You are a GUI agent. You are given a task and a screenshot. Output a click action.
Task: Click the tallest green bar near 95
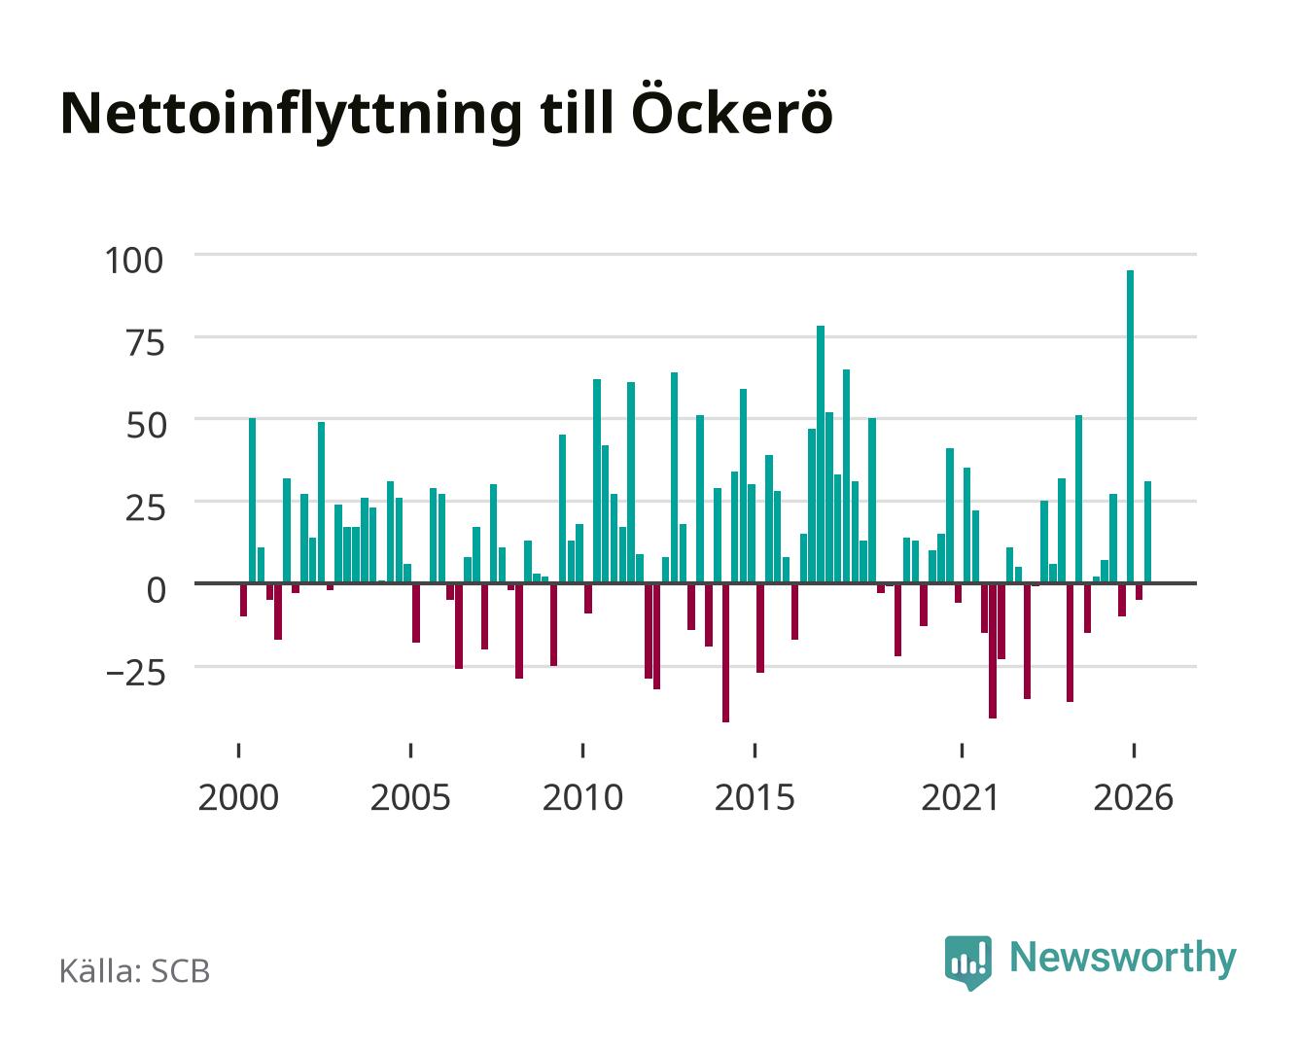[1130, 427]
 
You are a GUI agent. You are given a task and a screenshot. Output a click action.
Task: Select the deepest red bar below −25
[725, 653]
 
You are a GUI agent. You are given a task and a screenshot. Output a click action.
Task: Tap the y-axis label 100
[134, 261]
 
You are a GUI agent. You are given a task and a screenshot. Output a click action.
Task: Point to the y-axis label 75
[145, 343]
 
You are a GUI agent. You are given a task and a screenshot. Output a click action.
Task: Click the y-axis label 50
[145, 426]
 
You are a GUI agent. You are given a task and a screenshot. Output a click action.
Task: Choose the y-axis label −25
[135, 673]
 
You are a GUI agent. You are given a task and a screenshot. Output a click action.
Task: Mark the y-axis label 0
[157, 590]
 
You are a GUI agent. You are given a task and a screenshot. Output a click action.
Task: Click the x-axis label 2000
[238, 798]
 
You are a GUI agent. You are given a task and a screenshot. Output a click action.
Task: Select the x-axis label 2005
[410, 798]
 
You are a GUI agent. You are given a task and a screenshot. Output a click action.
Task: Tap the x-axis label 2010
[582, 798]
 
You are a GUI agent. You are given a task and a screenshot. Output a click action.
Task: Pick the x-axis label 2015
[755, 798]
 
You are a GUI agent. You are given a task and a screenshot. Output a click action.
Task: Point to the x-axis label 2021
[961, 798]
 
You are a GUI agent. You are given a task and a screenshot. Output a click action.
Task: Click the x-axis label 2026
[1133, 798]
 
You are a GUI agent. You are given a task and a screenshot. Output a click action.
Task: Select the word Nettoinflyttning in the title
[292, 116]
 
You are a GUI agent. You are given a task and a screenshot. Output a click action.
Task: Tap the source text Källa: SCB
[135, 971]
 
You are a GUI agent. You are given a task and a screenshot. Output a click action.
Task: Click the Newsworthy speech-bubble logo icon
[967, 962]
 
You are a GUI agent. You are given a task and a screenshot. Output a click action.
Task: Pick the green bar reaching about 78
[821, 455]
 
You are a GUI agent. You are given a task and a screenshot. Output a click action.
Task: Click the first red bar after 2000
[243, 600]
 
